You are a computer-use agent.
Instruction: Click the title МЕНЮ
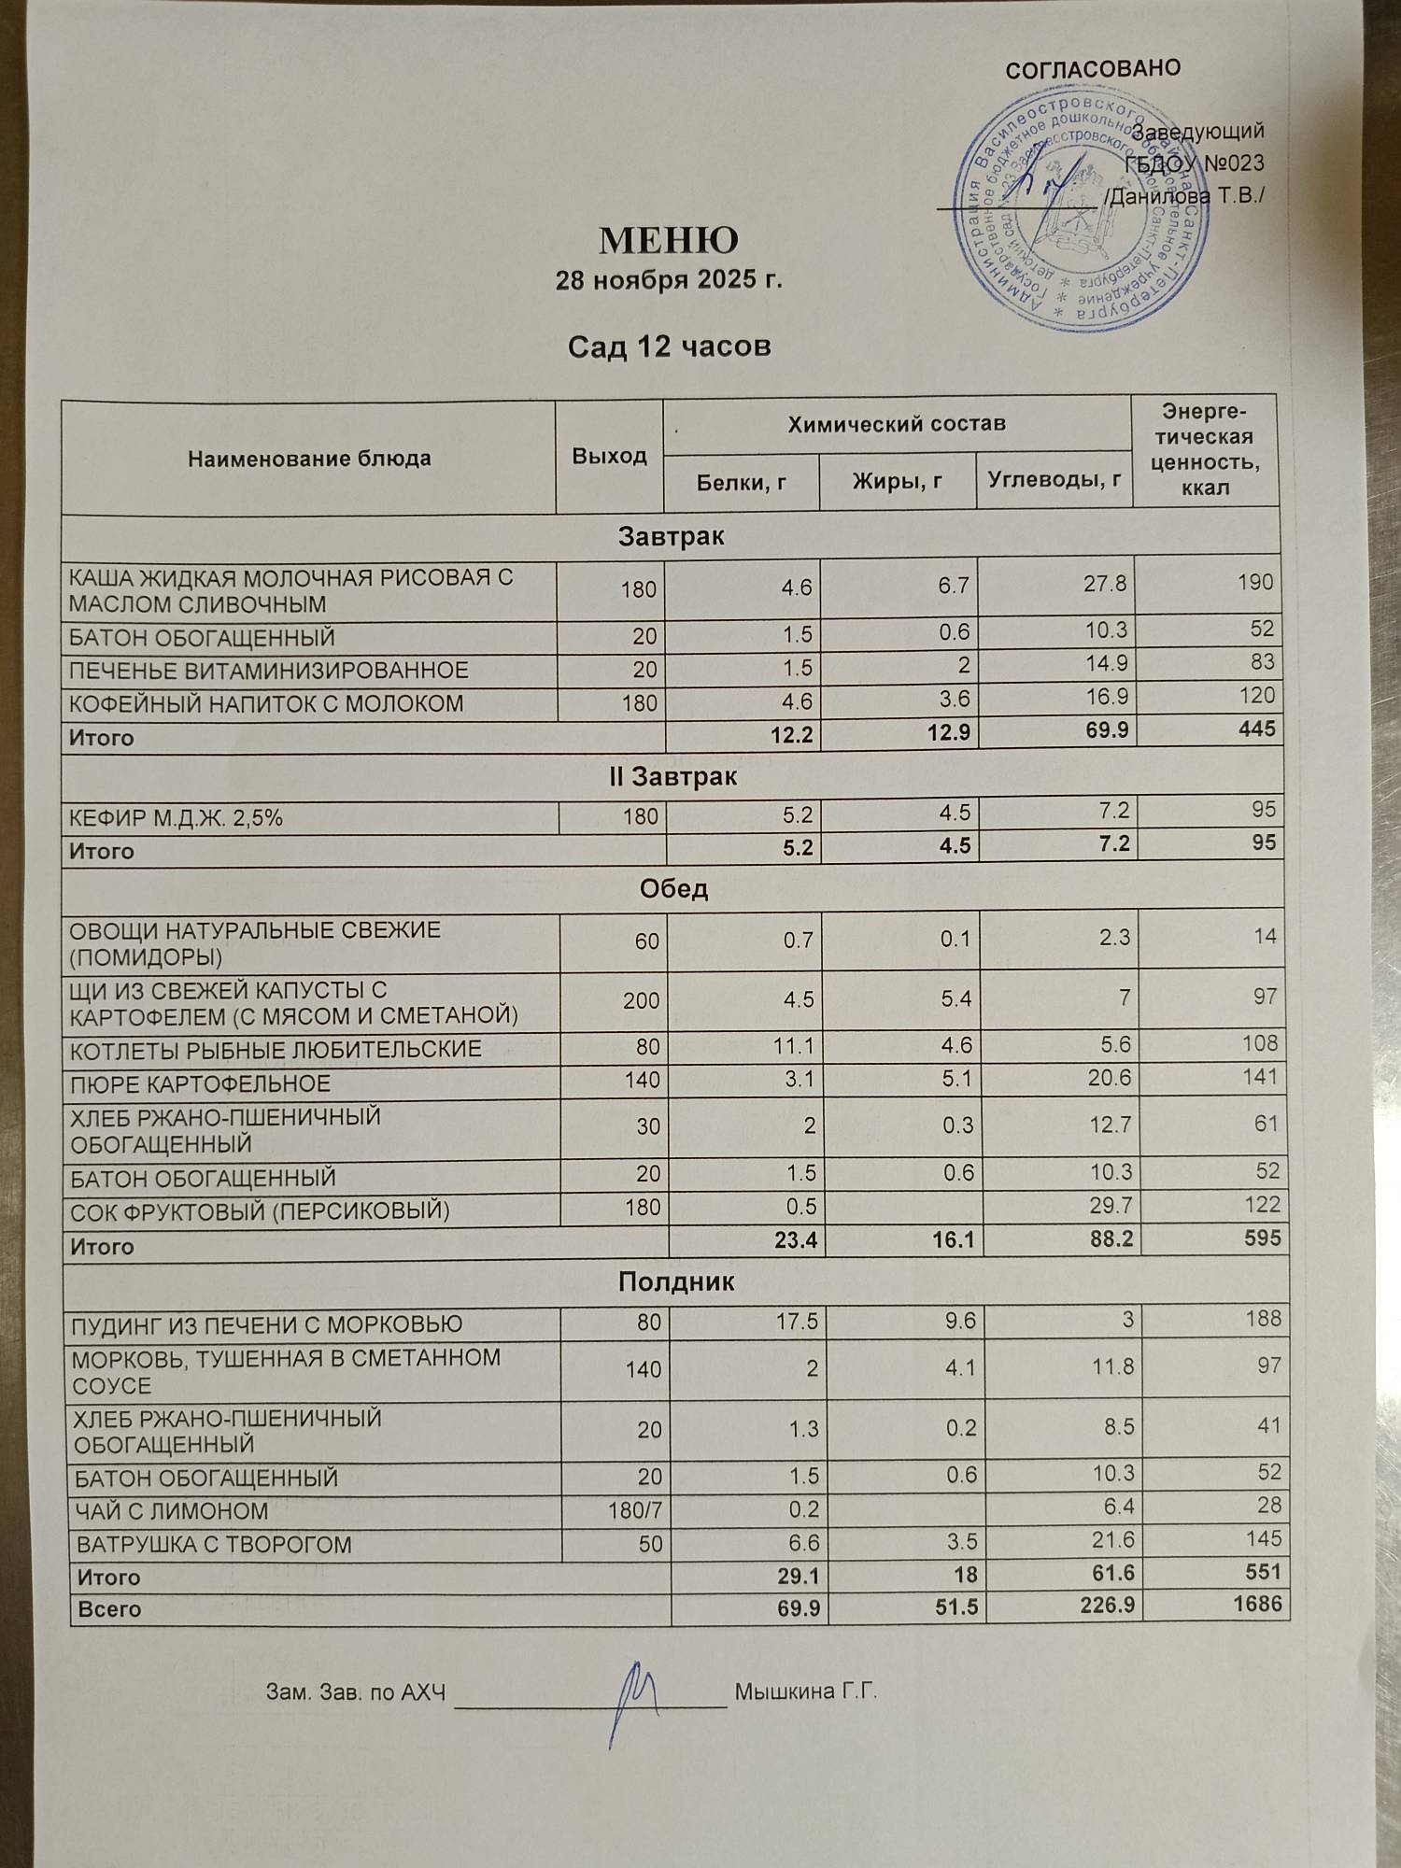[x=668, y=240]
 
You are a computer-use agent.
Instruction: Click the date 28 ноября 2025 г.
[x=668, y=280]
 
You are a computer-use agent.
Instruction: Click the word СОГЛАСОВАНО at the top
[x=1093, y=69]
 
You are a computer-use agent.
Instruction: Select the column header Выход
[x=609, y=456]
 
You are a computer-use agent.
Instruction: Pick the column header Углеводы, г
[x=1054, y=480]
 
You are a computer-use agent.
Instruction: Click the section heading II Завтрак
[x=672, y=776]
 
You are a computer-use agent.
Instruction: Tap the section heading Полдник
[x=676, y=1281]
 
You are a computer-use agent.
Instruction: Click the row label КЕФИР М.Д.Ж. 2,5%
[x=176, y=818]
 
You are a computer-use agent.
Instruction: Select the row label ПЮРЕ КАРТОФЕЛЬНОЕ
[x=201, y=1083]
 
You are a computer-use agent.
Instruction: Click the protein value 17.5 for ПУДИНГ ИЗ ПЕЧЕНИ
[x=797, y=1322]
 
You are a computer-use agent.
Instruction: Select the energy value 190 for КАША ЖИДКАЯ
[x=1255, y=582]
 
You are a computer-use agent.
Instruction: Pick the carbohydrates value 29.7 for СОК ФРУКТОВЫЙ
[x=1110, y=1206]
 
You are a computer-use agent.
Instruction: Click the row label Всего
[x=108, y=1609]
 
